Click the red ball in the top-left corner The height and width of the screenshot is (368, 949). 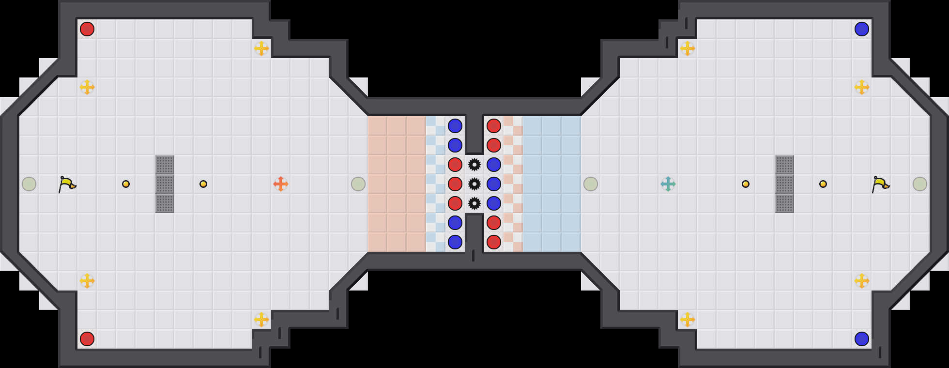87,29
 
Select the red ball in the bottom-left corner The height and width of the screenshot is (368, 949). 87,339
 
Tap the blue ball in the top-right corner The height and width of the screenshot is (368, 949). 862,29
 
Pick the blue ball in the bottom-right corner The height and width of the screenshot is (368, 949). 862,339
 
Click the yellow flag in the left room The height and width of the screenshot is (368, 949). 67,184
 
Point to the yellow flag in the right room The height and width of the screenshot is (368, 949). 880,184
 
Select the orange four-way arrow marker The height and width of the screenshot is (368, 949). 281,184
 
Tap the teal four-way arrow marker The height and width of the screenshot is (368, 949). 668,184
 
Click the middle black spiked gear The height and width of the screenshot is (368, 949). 474,184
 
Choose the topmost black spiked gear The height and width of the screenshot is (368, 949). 474,165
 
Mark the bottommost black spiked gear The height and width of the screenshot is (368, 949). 474,203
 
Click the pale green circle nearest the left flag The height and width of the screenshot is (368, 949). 29,184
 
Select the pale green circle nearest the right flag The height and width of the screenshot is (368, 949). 920,184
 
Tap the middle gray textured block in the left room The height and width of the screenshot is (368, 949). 165,184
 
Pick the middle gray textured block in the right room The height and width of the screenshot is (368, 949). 784,184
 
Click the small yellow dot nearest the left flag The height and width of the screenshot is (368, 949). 126,184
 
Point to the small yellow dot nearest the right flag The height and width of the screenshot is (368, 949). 823,184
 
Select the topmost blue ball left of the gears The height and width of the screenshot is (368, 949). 455,126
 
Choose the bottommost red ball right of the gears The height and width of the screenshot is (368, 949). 494,242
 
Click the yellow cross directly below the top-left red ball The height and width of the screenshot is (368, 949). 87,87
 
